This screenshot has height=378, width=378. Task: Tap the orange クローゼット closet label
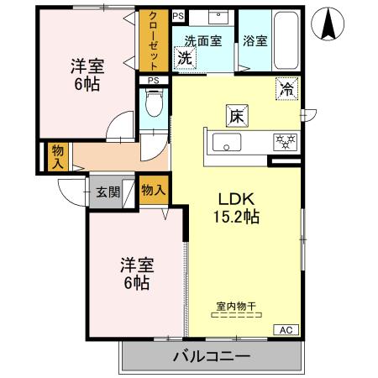154,41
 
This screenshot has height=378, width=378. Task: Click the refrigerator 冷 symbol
286,85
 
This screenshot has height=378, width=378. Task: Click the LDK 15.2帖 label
239,207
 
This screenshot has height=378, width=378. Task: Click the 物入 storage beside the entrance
152,191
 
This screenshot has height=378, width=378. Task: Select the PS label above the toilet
152,81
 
